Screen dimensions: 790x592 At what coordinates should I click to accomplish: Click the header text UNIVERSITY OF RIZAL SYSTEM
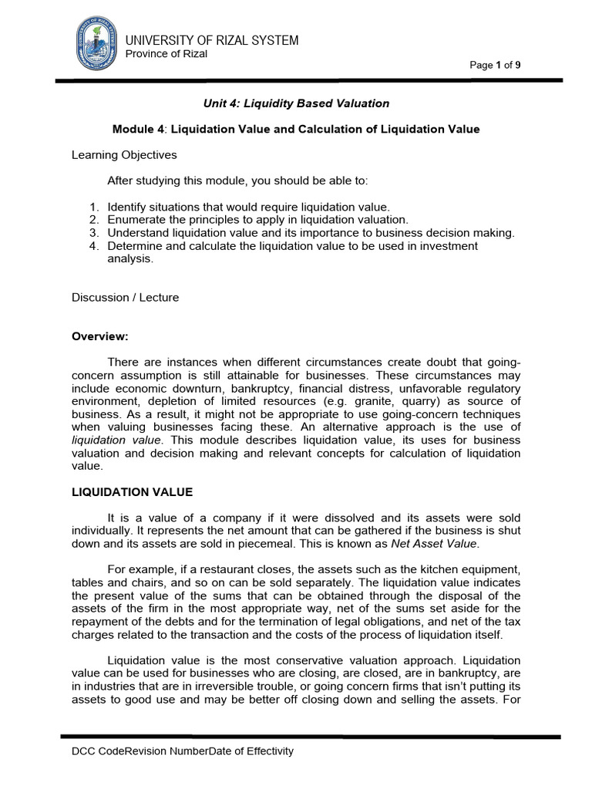(212, 40)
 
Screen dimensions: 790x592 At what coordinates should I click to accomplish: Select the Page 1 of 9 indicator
(495, 65)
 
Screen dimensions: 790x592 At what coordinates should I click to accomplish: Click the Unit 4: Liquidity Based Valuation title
(296, 103)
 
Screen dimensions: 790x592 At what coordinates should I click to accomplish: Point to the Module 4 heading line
(296, 129)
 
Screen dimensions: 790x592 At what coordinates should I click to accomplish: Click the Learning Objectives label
(124, 155)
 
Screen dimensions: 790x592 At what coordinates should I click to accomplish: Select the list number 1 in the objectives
(93, 208)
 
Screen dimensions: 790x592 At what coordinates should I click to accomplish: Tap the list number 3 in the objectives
(93, 232)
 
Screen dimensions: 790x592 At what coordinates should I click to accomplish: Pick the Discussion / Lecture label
(125, 297)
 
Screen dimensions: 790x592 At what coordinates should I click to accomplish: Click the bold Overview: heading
(99, 336)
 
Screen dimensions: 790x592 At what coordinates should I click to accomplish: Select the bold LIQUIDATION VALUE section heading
(132, 492)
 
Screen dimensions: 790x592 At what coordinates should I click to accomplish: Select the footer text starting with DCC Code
(183, 751)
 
